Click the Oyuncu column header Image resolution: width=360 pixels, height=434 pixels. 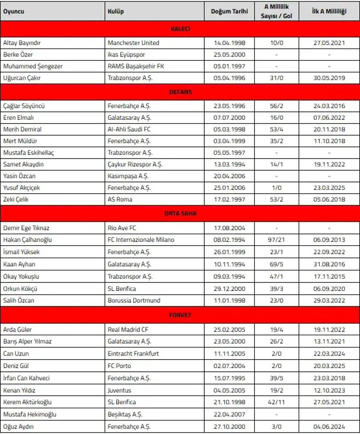(x=14, y=11)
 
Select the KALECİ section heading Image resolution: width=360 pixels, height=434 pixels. (x=180, y=29)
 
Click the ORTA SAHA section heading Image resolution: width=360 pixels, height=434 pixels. (x=180, y=213)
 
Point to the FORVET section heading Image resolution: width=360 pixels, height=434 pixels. (x=180, y=315)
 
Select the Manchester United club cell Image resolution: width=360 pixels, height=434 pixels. (x=133, y=43)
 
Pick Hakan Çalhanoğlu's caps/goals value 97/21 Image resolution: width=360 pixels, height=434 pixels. (x=276, y=240)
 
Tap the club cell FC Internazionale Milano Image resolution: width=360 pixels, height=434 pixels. (x=141, y=240)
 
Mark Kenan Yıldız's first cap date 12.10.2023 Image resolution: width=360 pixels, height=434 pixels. (x=329, y=390)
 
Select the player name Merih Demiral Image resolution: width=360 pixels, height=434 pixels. (x=22, y=129)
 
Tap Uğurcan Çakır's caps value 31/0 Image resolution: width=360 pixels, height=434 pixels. (x=276, y=78)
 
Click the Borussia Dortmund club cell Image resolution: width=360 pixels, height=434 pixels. (x=134, y=300)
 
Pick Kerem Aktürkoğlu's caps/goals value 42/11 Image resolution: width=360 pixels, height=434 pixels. (x=276, y=402)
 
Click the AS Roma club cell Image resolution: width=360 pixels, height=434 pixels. (x=120, y=199)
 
